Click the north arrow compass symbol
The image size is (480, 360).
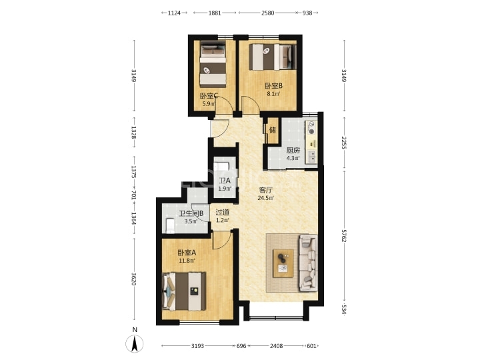tap(135, 343)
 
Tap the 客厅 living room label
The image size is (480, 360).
tap(265, 190)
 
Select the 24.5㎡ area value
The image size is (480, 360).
tap(265, 198)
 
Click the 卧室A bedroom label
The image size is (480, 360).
tap(187, 253)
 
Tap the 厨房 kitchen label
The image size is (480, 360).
tap(293, 151)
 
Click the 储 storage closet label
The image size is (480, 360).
tap(273, 130)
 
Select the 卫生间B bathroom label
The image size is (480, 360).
tap(191, 213)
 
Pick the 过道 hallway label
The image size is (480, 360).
tap(223, 212)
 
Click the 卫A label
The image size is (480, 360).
tap(225, 181)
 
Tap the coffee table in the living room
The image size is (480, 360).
tap(283, 263)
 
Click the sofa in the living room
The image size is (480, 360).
tap(308, 263)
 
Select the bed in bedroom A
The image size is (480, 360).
tap(184, 291)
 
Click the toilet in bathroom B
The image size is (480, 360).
tap(170, 225)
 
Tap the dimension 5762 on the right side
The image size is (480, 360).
tap(344, 235)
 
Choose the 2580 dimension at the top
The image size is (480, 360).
tap(267, 13)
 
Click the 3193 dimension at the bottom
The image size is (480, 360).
tap(198, 346)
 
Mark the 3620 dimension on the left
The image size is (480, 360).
tap(134, 279)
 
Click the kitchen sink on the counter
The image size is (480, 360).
tap(311, 157)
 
